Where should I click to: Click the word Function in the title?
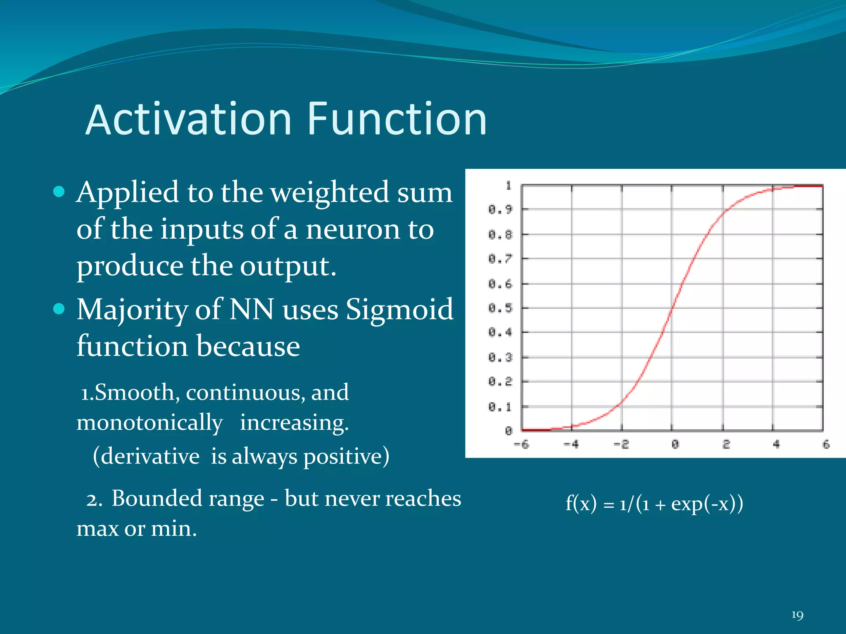(x=397, y=120)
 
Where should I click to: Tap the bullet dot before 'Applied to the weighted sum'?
(x=59, y=192)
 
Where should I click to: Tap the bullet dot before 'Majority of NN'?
(x=59, y=309)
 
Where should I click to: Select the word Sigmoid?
(x=399, y=310)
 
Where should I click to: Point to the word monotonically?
(x=150, y=423)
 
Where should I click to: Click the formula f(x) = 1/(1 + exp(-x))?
(x=654, y=504)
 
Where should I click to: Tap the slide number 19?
(x=797, y=615)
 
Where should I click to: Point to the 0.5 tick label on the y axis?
(x=500, y=308)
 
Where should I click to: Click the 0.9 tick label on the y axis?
(x=500, y=209)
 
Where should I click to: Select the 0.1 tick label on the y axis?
(x=500, y=407)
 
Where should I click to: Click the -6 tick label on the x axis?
(x=521, y=445)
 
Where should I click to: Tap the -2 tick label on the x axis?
(x=621, y=445)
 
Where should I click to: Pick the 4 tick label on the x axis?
(x=776, y=445)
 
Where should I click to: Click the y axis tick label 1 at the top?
(x=509, y=186)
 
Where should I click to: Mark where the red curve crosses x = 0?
(x=672, y=308)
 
